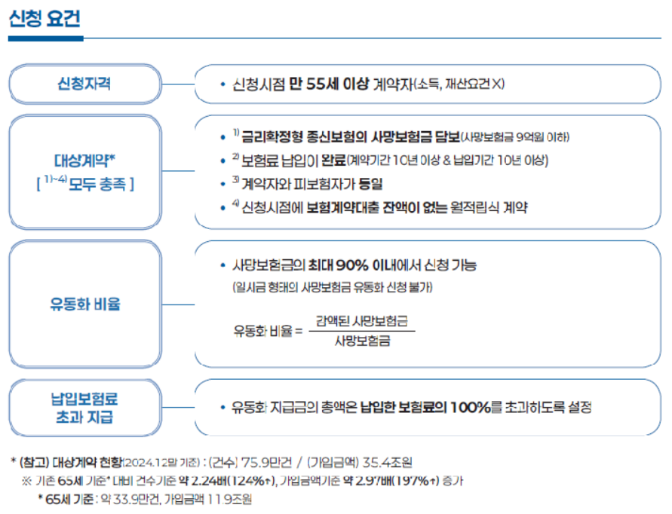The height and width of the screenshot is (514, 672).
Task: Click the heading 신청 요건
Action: click(44, 20)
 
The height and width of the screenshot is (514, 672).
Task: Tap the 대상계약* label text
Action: click(84, 161)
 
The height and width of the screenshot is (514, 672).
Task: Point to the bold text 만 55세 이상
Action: click(330, 84)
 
